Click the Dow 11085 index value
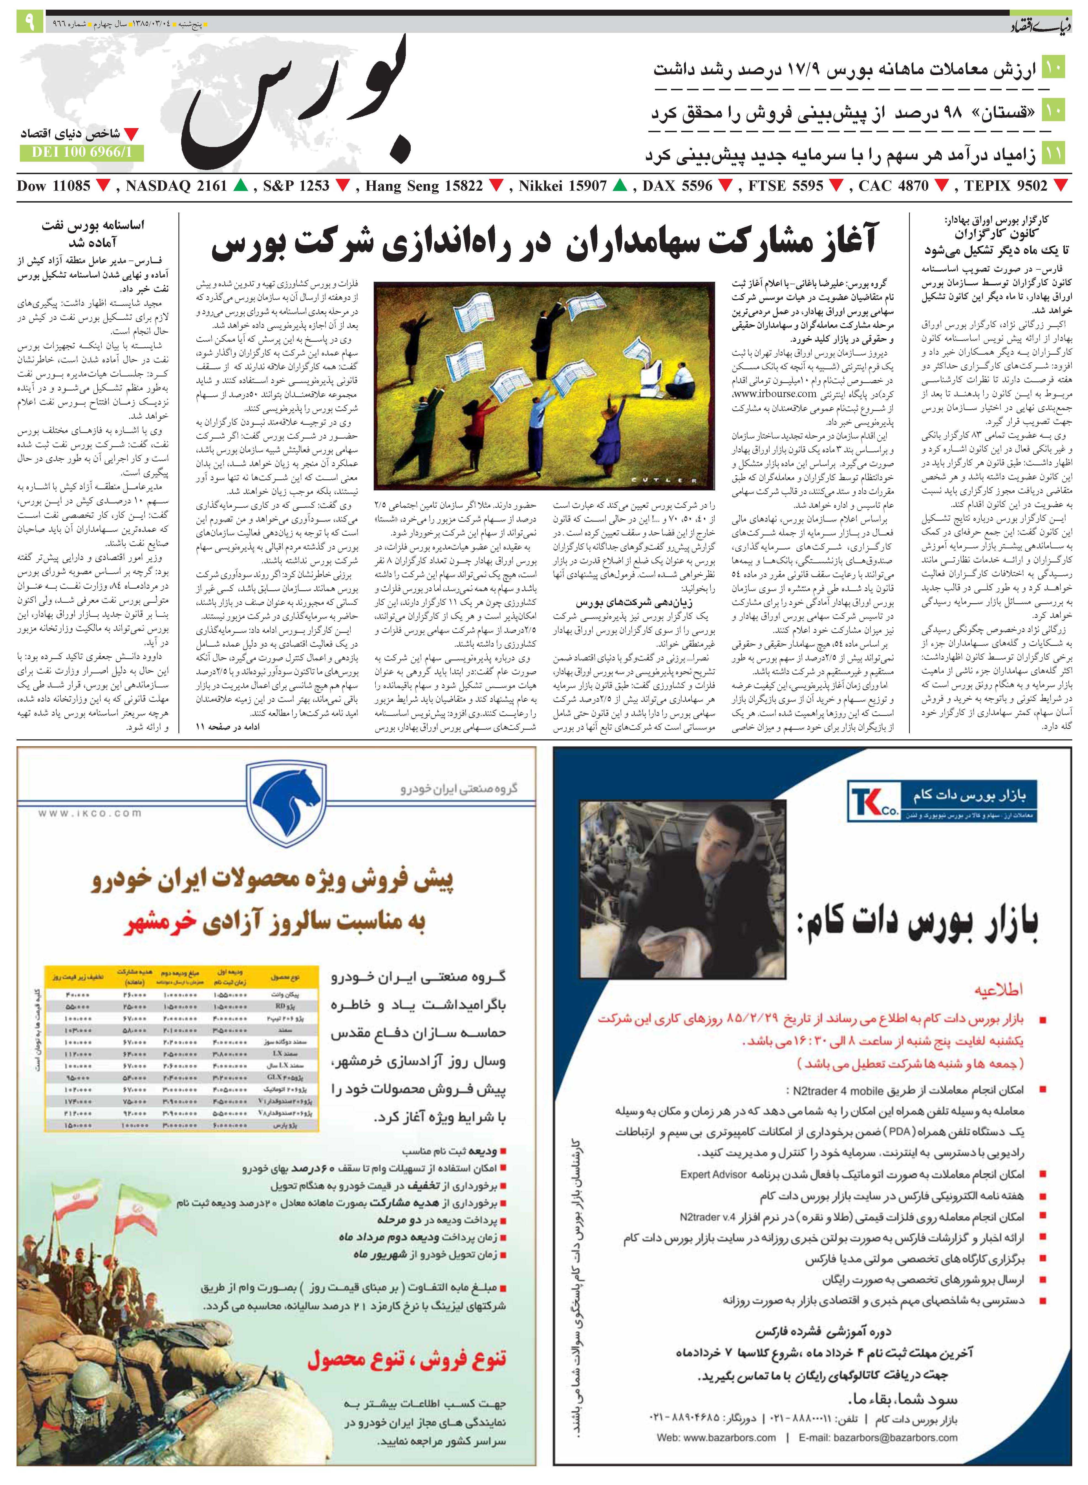(54, 186)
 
